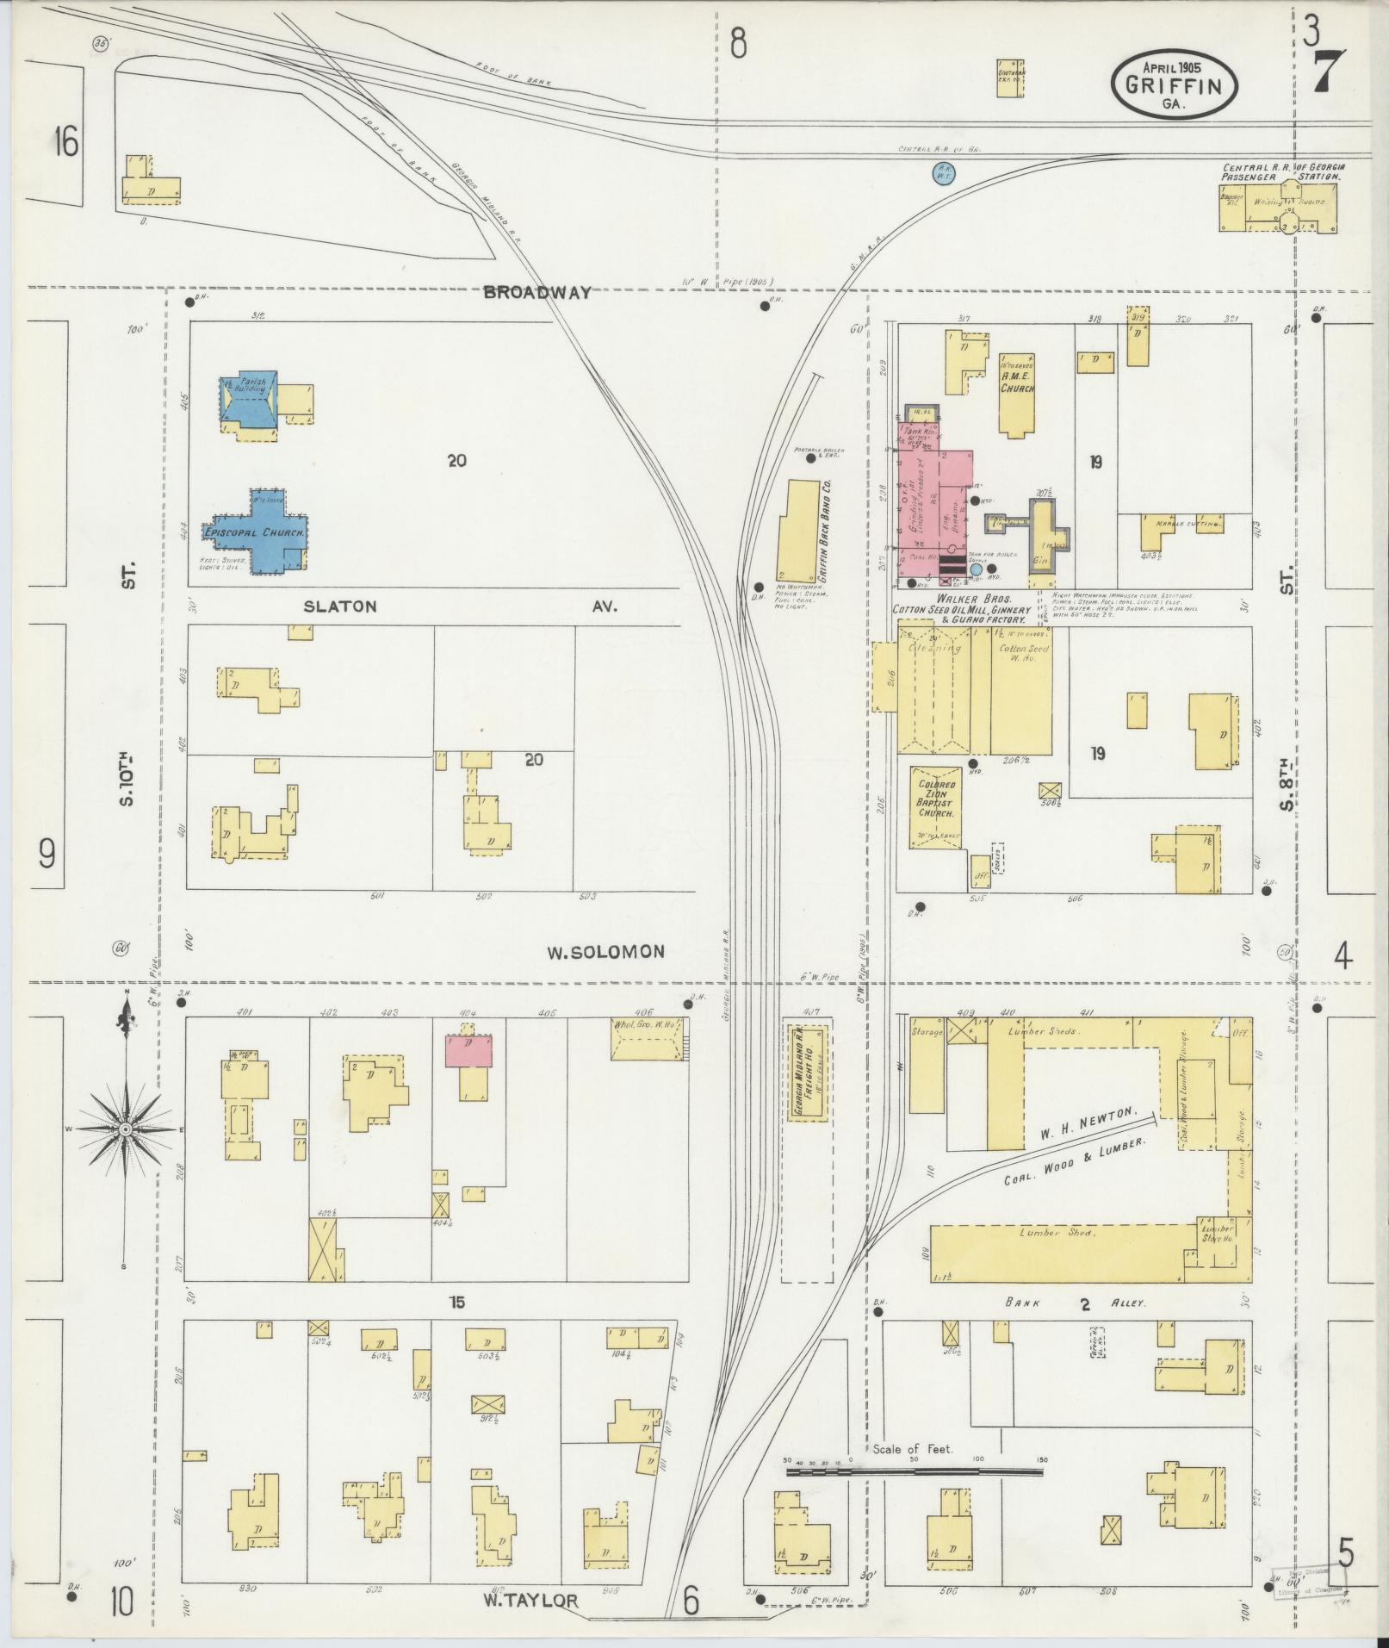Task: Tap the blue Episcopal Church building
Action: [256, 532]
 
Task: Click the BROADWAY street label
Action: [536, 292]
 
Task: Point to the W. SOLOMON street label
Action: [606, 952]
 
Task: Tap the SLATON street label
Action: [339, 606]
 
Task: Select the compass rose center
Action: [126, 1129]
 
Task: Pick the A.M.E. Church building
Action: [1017, 396]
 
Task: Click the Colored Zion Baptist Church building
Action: [936, 806]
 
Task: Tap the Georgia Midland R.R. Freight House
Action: [809, 1072]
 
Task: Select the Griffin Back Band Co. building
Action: [798, 532]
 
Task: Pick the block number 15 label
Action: [456, 1327]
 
